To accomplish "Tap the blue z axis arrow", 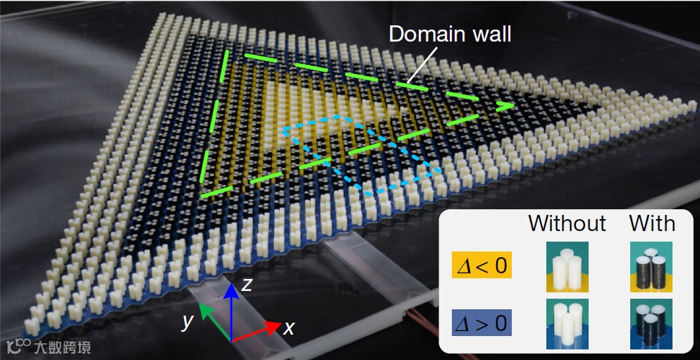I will [x=232, y=310].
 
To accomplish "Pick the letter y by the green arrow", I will [x=187, y=322].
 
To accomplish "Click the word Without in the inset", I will [x=567, y=224].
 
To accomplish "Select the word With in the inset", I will [x=652, y=224].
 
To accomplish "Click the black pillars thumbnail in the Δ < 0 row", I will [x=651, y=267].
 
